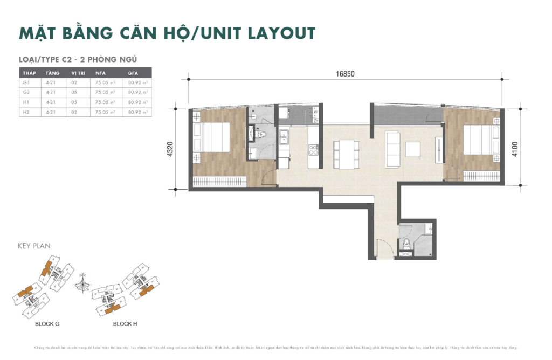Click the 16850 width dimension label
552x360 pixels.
[x=345, y=74]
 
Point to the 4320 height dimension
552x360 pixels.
[x=170, y=148]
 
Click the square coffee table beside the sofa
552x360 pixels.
[x=413, y=149]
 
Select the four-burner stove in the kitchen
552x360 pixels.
[x=312, y=150]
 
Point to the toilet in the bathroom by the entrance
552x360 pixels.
[x=406, y=242]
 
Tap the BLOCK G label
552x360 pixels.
[x=47, y=324]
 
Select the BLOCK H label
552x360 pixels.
[x=125, y=324]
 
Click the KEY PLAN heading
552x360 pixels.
[x=34, y=246]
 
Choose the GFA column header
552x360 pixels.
[x=133, y=73]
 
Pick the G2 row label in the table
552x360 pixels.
[x=25, y=92]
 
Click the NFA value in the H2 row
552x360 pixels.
[x=101, y=112]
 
